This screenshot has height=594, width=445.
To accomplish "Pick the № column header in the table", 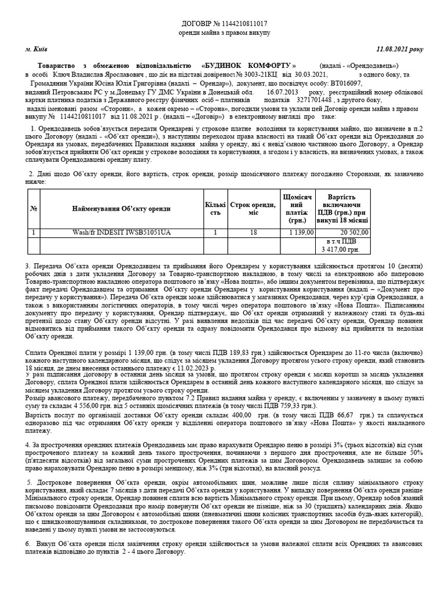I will click(x=34, y=208).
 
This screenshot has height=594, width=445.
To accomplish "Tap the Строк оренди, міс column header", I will click(x=252, y=208).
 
